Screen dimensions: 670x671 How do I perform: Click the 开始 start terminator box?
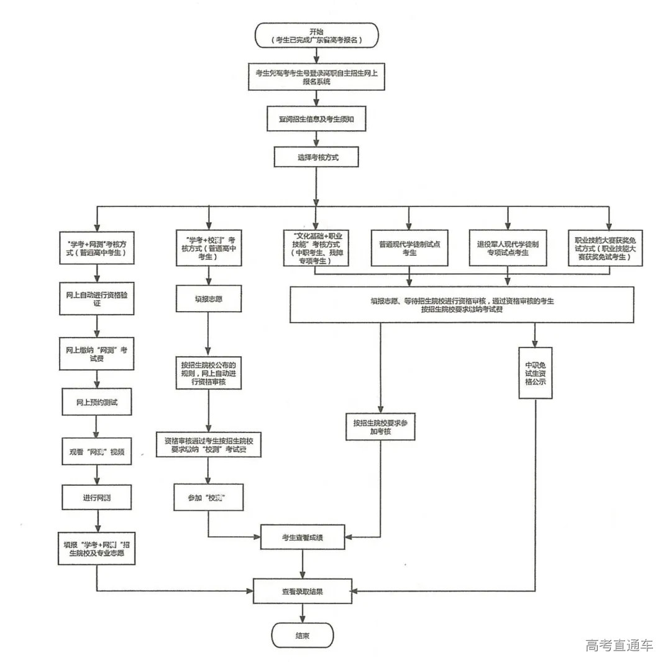click(x=317, y=35)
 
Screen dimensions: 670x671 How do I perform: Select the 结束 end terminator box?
click(x=303, y=636)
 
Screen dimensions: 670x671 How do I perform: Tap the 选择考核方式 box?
click(x=317, y=157)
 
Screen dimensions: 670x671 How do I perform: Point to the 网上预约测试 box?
click(x=96, y=402)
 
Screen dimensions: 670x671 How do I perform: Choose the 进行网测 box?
click(x=96, y=498)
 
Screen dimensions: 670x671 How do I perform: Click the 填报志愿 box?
click(x=208, y=299)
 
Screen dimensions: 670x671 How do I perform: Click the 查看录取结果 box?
click(x=303, y=592)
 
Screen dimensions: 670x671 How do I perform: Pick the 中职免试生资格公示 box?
click(x=535, y=373)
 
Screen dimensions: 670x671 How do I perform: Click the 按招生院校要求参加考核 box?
click(x=380, y=427)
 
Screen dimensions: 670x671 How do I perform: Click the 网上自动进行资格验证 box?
click(x=96, y=298)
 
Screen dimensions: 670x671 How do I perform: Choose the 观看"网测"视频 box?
click(x=96, y=452)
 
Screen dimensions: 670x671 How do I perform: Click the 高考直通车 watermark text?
click(x=619, y=645)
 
